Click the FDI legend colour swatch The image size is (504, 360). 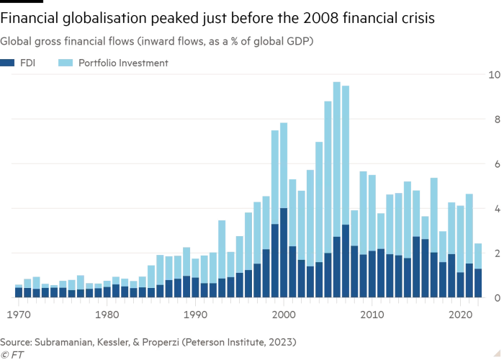(x=7, y=63)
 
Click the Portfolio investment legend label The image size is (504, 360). (x=132, y=63)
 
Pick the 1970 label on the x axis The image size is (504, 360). (x=19, y=314)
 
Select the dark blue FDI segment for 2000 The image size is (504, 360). (x=284, y=253)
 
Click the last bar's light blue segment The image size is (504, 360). (x=478, y=256)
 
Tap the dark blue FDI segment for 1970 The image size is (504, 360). (x=19, y=292)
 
